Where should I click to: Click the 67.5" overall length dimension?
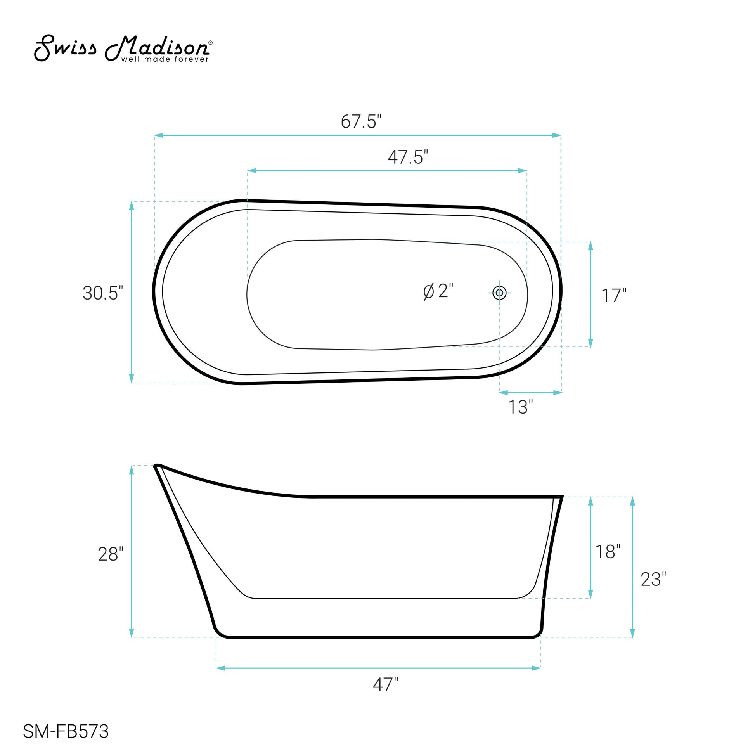tap(361, 121)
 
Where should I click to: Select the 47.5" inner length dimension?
tap(408, 158)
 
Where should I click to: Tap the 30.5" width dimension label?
tap(103, 293)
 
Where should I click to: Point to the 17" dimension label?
tap(613, 296)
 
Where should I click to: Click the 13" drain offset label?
tap(520, 407)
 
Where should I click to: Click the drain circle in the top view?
tap(499, 292)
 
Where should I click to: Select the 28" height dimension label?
tap(111, 554)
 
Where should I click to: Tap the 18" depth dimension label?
tap(608, 551)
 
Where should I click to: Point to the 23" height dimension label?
tap(653, 579)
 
